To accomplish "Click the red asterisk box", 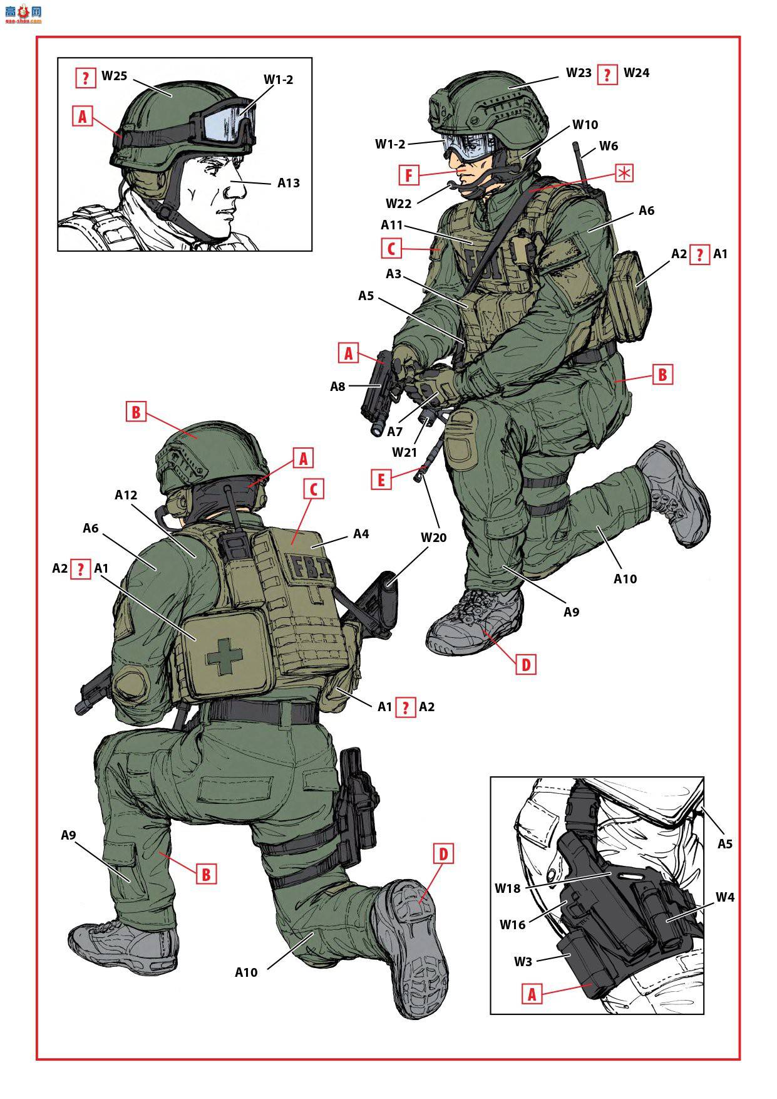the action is [x=624, y=173].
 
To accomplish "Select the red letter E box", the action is [x=381, y=480].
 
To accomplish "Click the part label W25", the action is [x=114, y=76].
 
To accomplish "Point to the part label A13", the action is [x=289, y=183].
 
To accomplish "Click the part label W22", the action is [x=398, y=203].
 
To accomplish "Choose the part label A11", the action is [x=393, y=225].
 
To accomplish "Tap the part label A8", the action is [x=338, y=387].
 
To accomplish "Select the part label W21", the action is [x=404, y=452].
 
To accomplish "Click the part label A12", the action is [x=126, y=495].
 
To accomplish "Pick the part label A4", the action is [x=361, y=534].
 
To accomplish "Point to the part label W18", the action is [x=508, y=888].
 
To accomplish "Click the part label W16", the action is [x=512, y=924].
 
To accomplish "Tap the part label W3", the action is [x=523, y=961].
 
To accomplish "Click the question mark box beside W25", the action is [x=85, y=77].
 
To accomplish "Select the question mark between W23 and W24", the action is [x=607, y=75].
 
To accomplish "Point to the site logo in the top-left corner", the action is [x=23, y=13].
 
